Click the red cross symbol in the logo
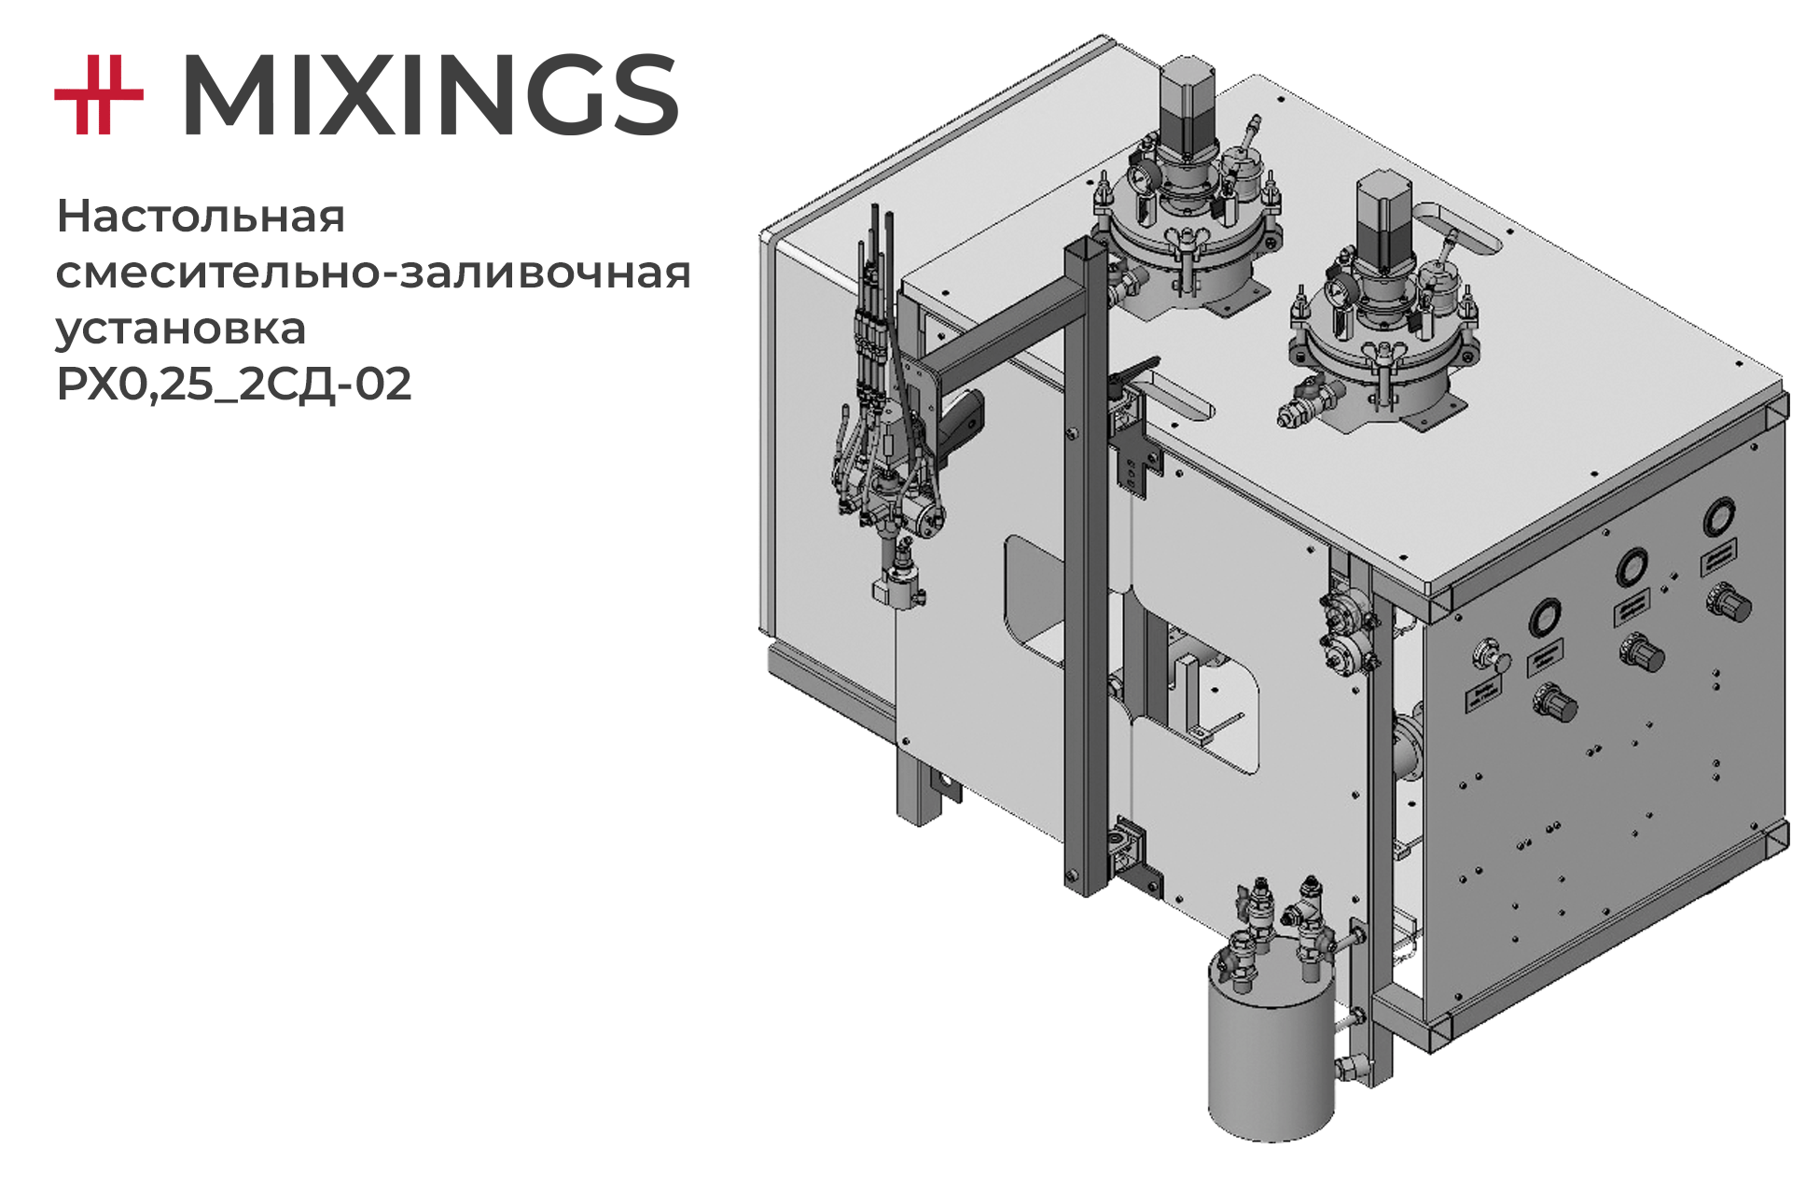tap(99, 94)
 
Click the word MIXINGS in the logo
tap(430, 95)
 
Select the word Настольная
tap(201, 217)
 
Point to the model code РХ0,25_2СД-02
tap(234, 384)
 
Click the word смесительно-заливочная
tap(373, 273)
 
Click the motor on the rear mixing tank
tap(1188, 103)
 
